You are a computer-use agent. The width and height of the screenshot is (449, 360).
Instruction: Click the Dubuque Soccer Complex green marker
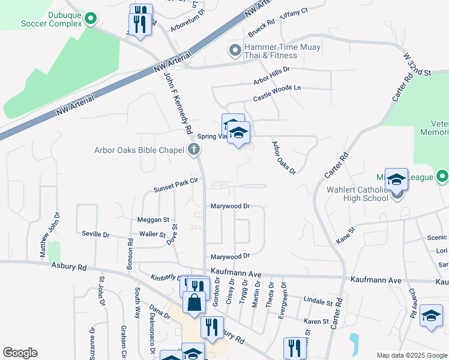tap(91, 19)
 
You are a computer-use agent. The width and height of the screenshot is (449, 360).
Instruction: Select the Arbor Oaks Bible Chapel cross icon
tap(193, 150)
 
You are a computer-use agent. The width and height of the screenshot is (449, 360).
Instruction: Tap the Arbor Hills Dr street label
tap(271, 74)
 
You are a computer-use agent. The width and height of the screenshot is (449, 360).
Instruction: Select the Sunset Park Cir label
tap(176, 187)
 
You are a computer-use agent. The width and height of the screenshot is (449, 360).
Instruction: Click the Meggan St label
tap(154, 220)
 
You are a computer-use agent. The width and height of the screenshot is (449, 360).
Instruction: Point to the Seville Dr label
tap(96, 235)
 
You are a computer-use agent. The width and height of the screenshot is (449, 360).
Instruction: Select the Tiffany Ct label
tap(294, 13)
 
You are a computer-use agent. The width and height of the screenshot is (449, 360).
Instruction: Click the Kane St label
tap(346, 235)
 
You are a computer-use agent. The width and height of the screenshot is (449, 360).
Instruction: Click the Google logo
tap(20, 353)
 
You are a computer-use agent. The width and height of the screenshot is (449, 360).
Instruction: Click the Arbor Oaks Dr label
tap(283, 158)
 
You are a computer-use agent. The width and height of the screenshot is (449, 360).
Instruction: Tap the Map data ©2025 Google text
tap(412, 355)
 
